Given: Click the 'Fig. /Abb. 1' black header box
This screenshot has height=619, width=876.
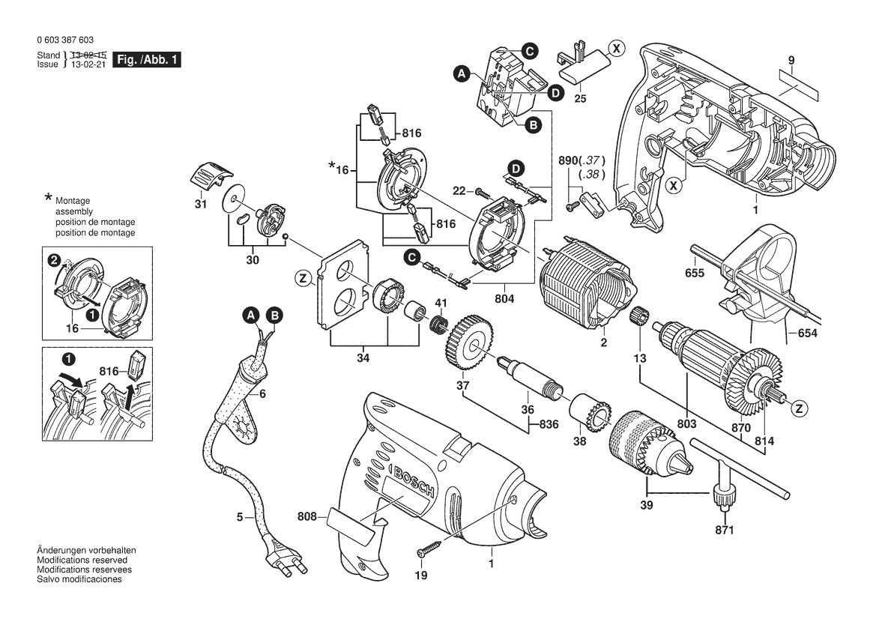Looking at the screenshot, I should point(146,60).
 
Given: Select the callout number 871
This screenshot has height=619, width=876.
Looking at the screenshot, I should point(725,530).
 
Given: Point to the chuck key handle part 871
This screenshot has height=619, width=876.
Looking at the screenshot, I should point(724,495).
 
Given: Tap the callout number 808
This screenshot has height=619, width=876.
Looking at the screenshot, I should point(306,516).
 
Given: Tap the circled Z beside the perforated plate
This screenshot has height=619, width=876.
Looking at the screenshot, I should point(303,279).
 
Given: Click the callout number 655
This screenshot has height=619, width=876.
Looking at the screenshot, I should point(695,274).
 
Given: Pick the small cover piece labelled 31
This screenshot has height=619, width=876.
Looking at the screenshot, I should point(209,177).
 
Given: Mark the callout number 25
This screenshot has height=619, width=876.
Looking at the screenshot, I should point(580,98).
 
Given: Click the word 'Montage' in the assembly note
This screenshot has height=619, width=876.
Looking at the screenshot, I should point(72,202).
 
